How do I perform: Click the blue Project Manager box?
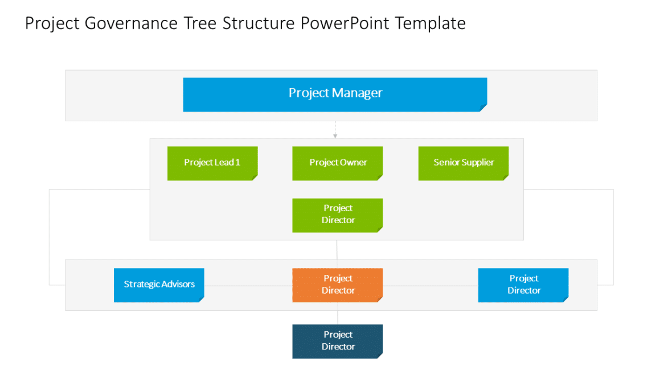point(335,94)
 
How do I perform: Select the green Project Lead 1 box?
point(212,163)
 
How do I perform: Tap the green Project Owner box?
point(337,163)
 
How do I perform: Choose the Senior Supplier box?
point(463,163)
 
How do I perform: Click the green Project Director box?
point(337,215)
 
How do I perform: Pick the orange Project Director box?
point(337,285)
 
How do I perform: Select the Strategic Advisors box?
point(159,285)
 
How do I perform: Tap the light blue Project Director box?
point(523,285)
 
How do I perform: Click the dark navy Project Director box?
point(337,341)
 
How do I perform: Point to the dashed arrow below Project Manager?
point(335,129)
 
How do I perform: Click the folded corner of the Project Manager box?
point(483,108)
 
